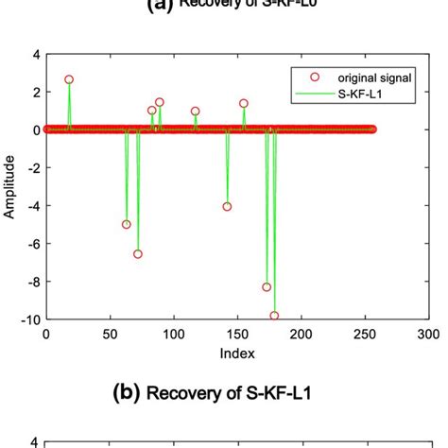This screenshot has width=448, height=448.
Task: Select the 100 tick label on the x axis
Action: click(x=173, y=335)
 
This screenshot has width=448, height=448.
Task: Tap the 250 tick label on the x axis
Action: click(x=365, y=335)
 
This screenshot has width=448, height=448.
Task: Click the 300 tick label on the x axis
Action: click(x=428, y=335)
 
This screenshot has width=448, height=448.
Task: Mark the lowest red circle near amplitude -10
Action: click(x=274, y=316)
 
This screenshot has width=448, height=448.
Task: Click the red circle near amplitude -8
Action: click(x=267, y=286)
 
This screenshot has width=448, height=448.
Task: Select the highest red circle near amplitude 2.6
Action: click(x=68, y=79)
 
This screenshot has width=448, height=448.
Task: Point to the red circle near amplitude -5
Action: click(x=127, y=224)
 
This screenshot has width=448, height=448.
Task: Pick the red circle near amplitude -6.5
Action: click(x=138, y=253)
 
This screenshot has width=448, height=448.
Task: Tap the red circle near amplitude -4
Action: click(x=227, y=206)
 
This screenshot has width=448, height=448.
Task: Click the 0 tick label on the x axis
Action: click(x=45, y=335)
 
